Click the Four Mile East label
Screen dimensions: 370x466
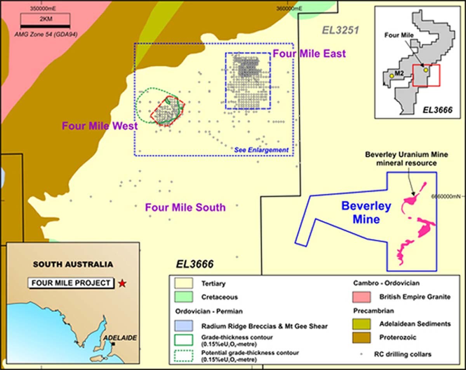pos(309,54)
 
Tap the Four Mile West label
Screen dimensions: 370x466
pos(100,126)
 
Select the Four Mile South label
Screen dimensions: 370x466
pos(185,208)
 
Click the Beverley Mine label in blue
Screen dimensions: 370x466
pos(366,213)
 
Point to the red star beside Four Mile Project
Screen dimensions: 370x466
pos(123,283)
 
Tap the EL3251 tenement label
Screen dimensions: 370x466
pos(340,30)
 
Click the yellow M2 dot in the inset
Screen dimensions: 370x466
pos(391,76)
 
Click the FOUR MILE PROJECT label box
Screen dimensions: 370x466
pos(71,283)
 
